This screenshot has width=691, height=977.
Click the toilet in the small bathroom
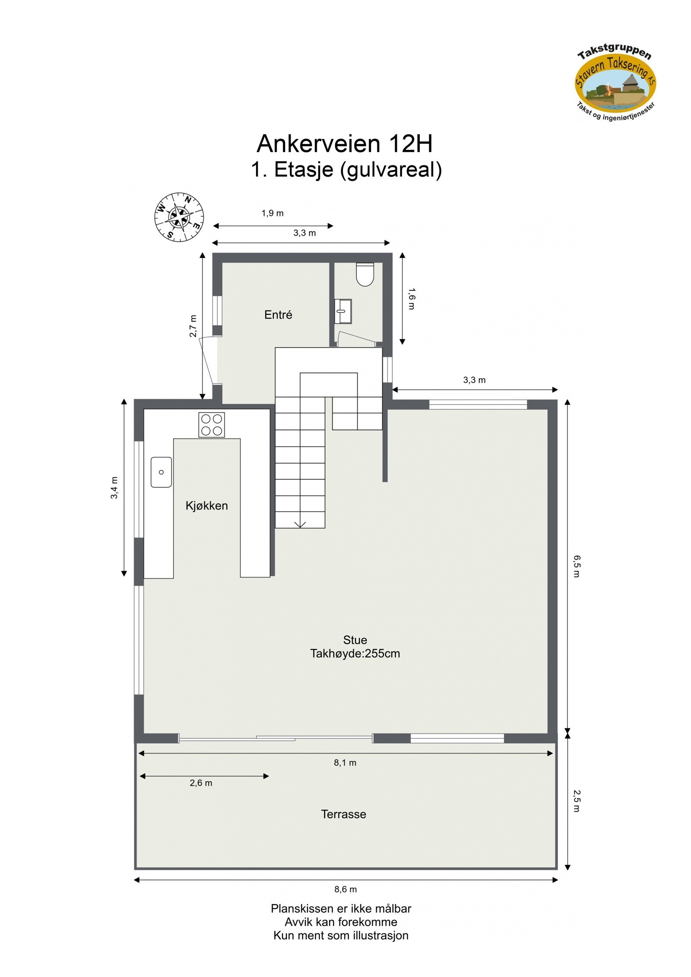[x=365, y=274]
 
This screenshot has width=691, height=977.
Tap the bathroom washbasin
[x=343, y=311]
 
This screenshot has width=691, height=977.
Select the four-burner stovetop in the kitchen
[x=212, y=425]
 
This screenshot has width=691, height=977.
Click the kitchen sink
[x=161, y=472]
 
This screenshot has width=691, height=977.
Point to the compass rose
[x=179, y=217]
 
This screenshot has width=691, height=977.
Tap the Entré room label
[x=278, y=315]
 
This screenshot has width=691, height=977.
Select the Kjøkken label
[x=206, y=506]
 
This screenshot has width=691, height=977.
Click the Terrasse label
[x=343, y=814]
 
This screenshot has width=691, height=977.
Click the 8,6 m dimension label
[x=345, y=889]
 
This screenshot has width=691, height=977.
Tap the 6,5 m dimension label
[x=577, y=566]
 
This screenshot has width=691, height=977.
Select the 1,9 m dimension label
[x=273, y=213]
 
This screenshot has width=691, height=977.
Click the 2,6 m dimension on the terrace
[x=201, y=783]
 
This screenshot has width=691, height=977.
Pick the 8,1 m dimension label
[x=345, y=762]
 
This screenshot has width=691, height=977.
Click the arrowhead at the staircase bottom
[x=300, y=524]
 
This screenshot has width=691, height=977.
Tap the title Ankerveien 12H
[x=344, y=143]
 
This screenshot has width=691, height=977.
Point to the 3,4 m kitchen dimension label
[x=114, y=487]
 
